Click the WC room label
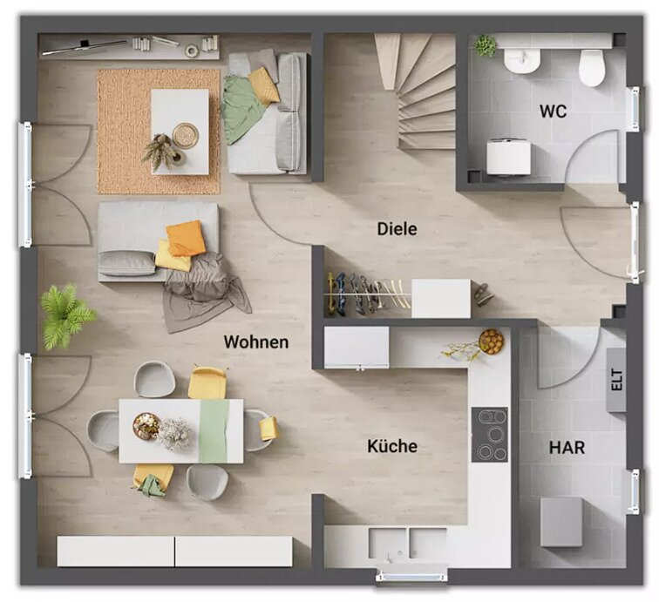(553, 112)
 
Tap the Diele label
(397, 229)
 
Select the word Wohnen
(256, 342)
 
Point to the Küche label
(392, 446)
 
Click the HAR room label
(567, 448)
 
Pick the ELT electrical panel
(616, 380)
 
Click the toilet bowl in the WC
(592, 68)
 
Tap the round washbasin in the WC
(522, 61)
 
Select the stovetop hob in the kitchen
(489, 435)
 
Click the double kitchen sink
(407, 543)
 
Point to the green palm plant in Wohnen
(67, 316)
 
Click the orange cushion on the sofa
(186, 238)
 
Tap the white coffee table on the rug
(180, 132)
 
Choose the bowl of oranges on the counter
(491, 342)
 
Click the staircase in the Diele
(415, 91)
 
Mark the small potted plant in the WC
(486, 45)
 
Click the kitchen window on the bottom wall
(411, 575)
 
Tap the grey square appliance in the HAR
(561, 522)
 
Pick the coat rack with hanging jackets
(368, 293)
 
